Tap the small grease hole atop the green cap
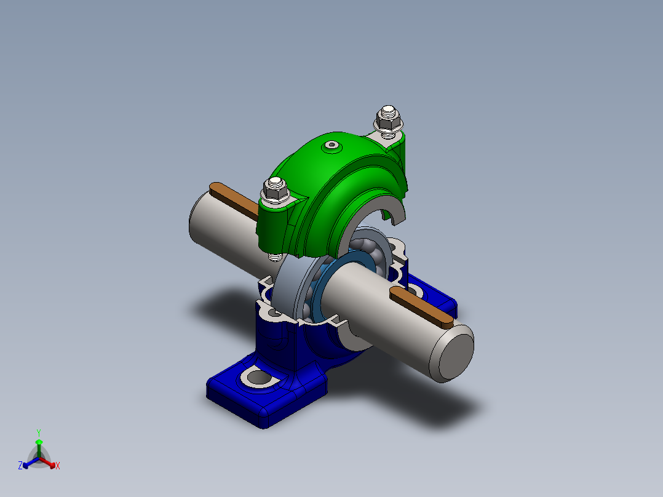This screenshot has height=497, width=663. [333, 146]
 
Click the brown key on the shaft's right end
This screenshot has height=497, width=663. [423, 305]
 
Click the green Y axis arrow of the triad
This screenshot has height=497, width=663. [38, 442]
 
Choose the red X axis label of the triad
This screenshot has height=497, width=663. [58, 466]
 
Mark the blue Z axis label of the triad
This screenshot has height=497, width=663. [20, 466]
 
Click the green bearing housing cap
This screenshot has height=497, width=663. [344, 185]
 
